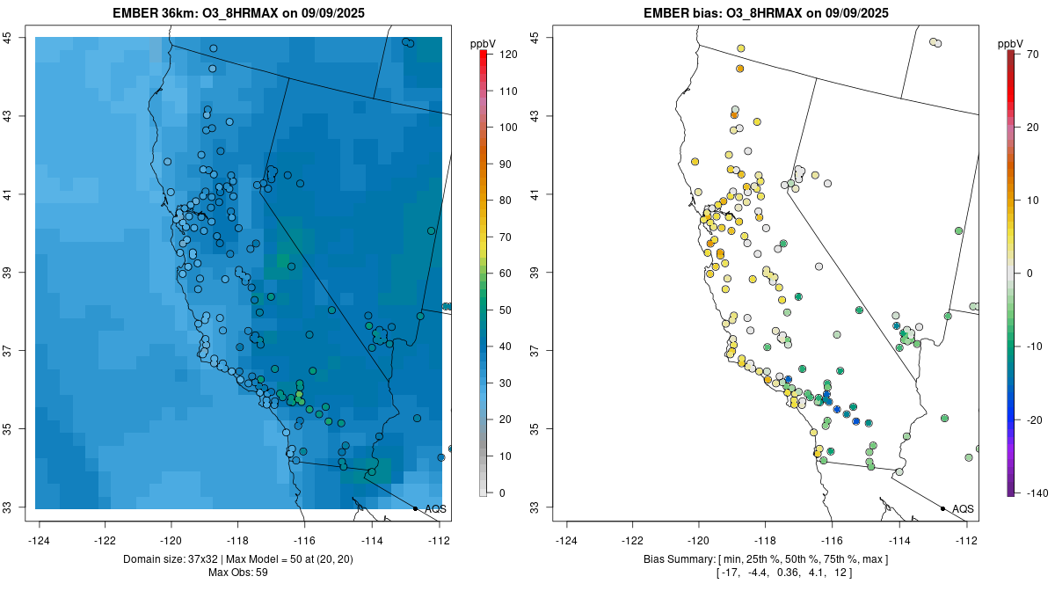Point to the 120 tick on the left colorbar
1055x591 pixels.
tap(507, 55)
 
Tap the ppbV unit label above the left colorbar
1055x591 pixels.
tap(483, 43)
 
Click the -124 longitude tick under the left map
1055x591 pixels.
tap(40, 540)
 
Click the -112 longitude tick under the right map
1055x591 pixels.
tap(966, 540)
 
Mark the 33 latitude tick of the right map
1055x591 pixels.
tap(534, 507)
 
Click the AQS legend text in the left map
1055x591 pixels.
tap(435, 509)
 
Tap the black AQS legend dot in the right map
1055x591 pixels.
tap(942, 508)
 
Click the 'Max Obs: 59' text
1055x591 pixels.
tap(238, 573)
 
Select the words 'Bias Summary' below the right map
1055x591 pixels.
tap(676, 559)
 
